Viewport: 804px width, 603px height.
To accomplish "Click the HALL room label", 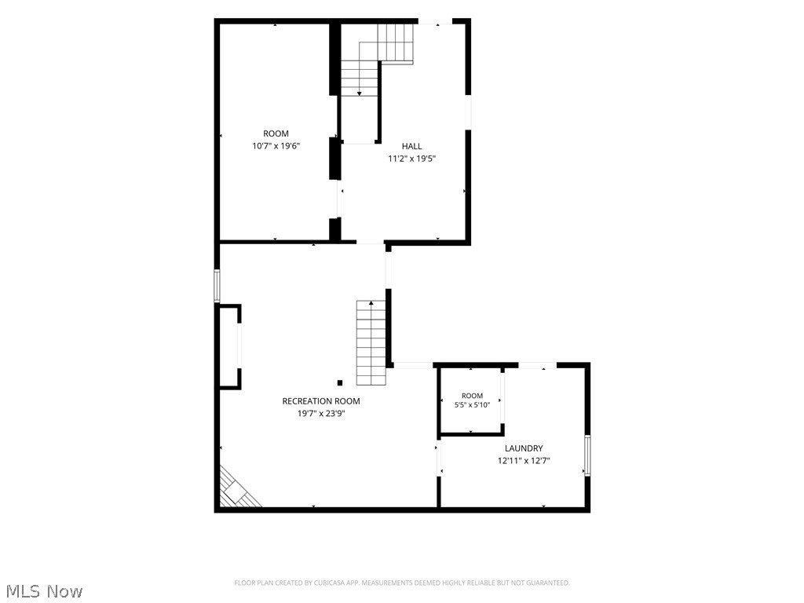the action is click(411, 146).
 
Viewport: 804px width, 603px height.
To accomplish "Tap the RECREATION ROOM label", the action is click(321, 401).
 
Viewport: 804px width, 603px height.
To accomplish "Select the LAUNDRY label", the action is click(524, 448).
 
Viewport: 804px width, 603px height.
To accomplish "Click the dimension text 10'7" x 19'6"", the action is click(276, 146).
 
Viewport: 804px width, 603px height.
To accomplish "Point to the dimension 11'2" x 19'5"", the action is click(411, 159).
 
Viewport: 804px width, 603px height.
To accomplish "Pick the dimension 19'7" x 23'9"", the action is click(321, 414).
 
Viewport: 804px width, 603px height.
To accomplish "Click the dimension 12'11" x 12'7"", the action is click(524, 461).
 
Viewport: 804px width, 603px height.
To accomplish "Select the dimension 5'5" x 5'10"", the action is click(472, 405).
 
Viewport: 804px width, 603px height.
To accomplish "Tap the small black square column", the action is click(340, 382).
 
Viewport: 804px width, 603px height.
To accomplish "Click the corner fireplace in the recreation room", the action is click(235, 490).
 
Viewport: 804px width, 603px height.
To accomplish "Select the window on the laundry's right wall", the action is click(587, 455).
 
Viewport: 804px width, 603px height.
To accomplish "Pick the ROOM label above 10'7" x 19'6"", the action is click(276, 133).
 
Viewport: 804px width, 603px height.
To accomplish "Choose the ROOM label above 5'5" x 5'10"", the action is click(472, 396).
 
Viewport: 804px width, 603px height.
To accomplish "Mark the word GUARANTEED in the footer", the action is click(548, 583).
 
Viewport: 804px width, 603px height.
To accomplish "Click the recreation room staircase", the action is click(371, 342).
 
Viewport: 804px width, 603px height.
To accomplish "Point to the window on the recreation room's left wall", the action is click(217, 286).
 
